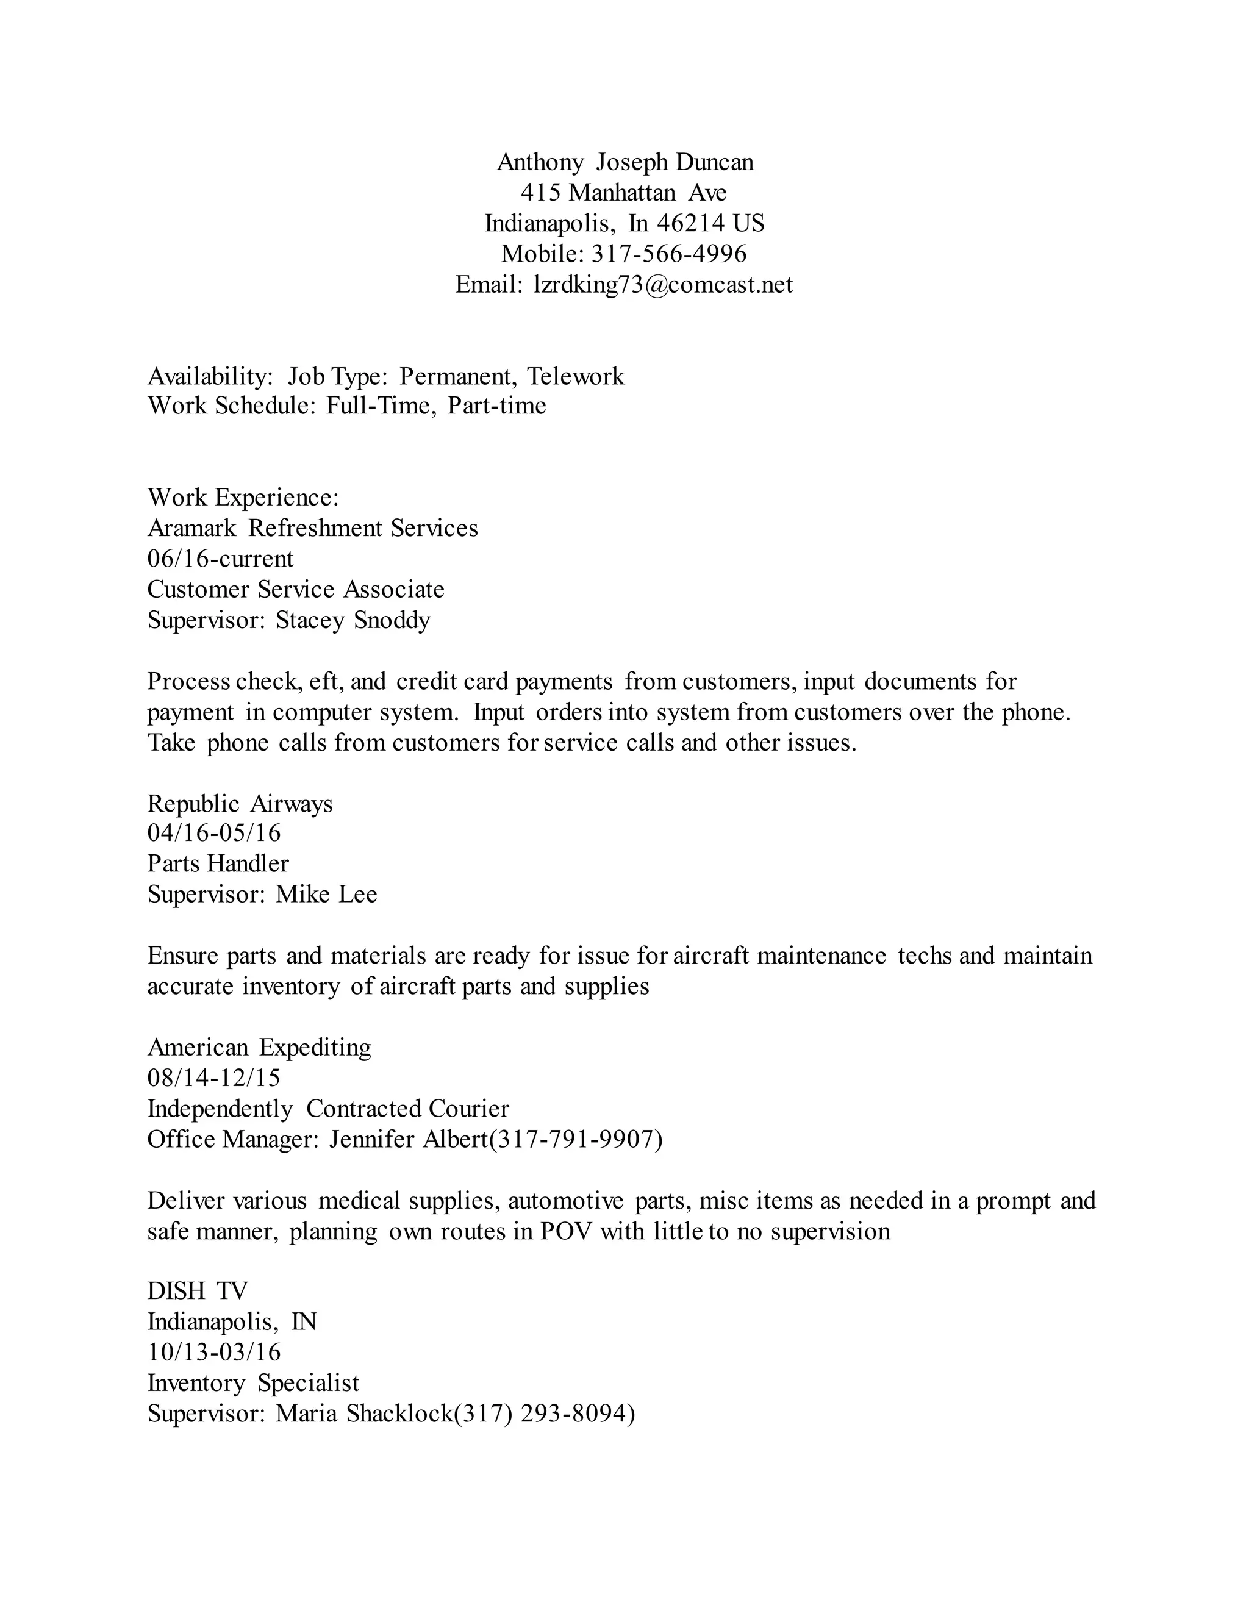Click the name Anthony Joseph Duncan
(x=624, y=162)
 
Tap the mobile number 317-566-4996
(x=669, y=254)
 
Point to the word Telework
(x=576, y=377)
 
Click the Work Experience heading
(x=243, y=497)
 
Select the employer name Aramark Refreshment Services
(x=312, y=528)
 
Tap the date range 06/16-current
(x=221, y=559)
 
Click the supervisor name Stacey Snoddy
(x=353, y=620)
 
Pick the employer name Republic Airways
(x=240, y=804)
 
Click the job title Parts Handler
(x=218, y=864)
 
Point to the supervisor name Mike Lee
(x=326, y=895)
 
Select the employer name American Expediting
(x=259, y=1048)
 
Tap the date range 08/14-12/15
(x=214, y=1078)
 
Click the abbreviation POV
(x=566, y=1231)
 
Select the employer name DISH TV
(x=197, y=1291)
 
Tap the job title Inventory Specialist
(x=253, y=1383)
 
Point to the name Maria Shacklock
(x=364, y=1414)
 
